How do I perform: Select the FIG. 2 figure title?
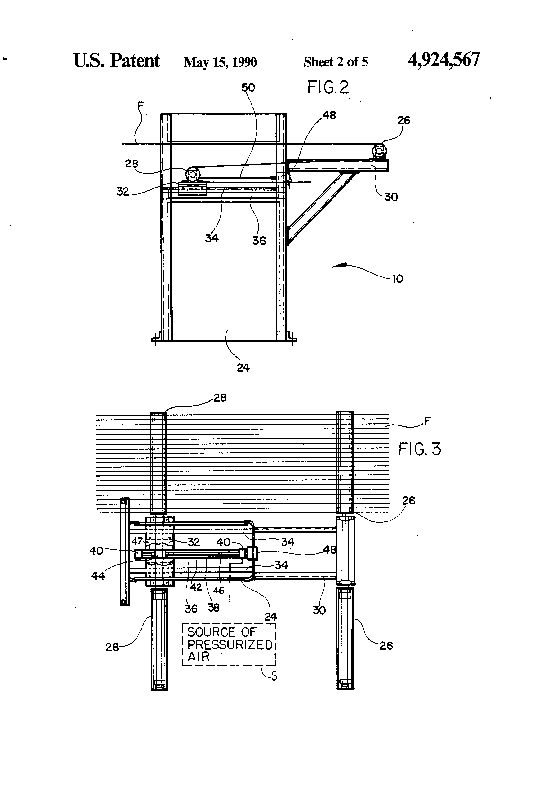coord(328,87)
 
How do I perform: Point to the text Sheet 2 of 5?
coord(336,62)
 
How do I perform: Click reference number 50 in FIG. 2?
coord(248,88)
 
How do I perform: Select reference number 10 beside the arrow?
coord(398,279)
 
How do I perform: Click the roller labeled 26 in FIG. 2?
coord(379,151)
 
